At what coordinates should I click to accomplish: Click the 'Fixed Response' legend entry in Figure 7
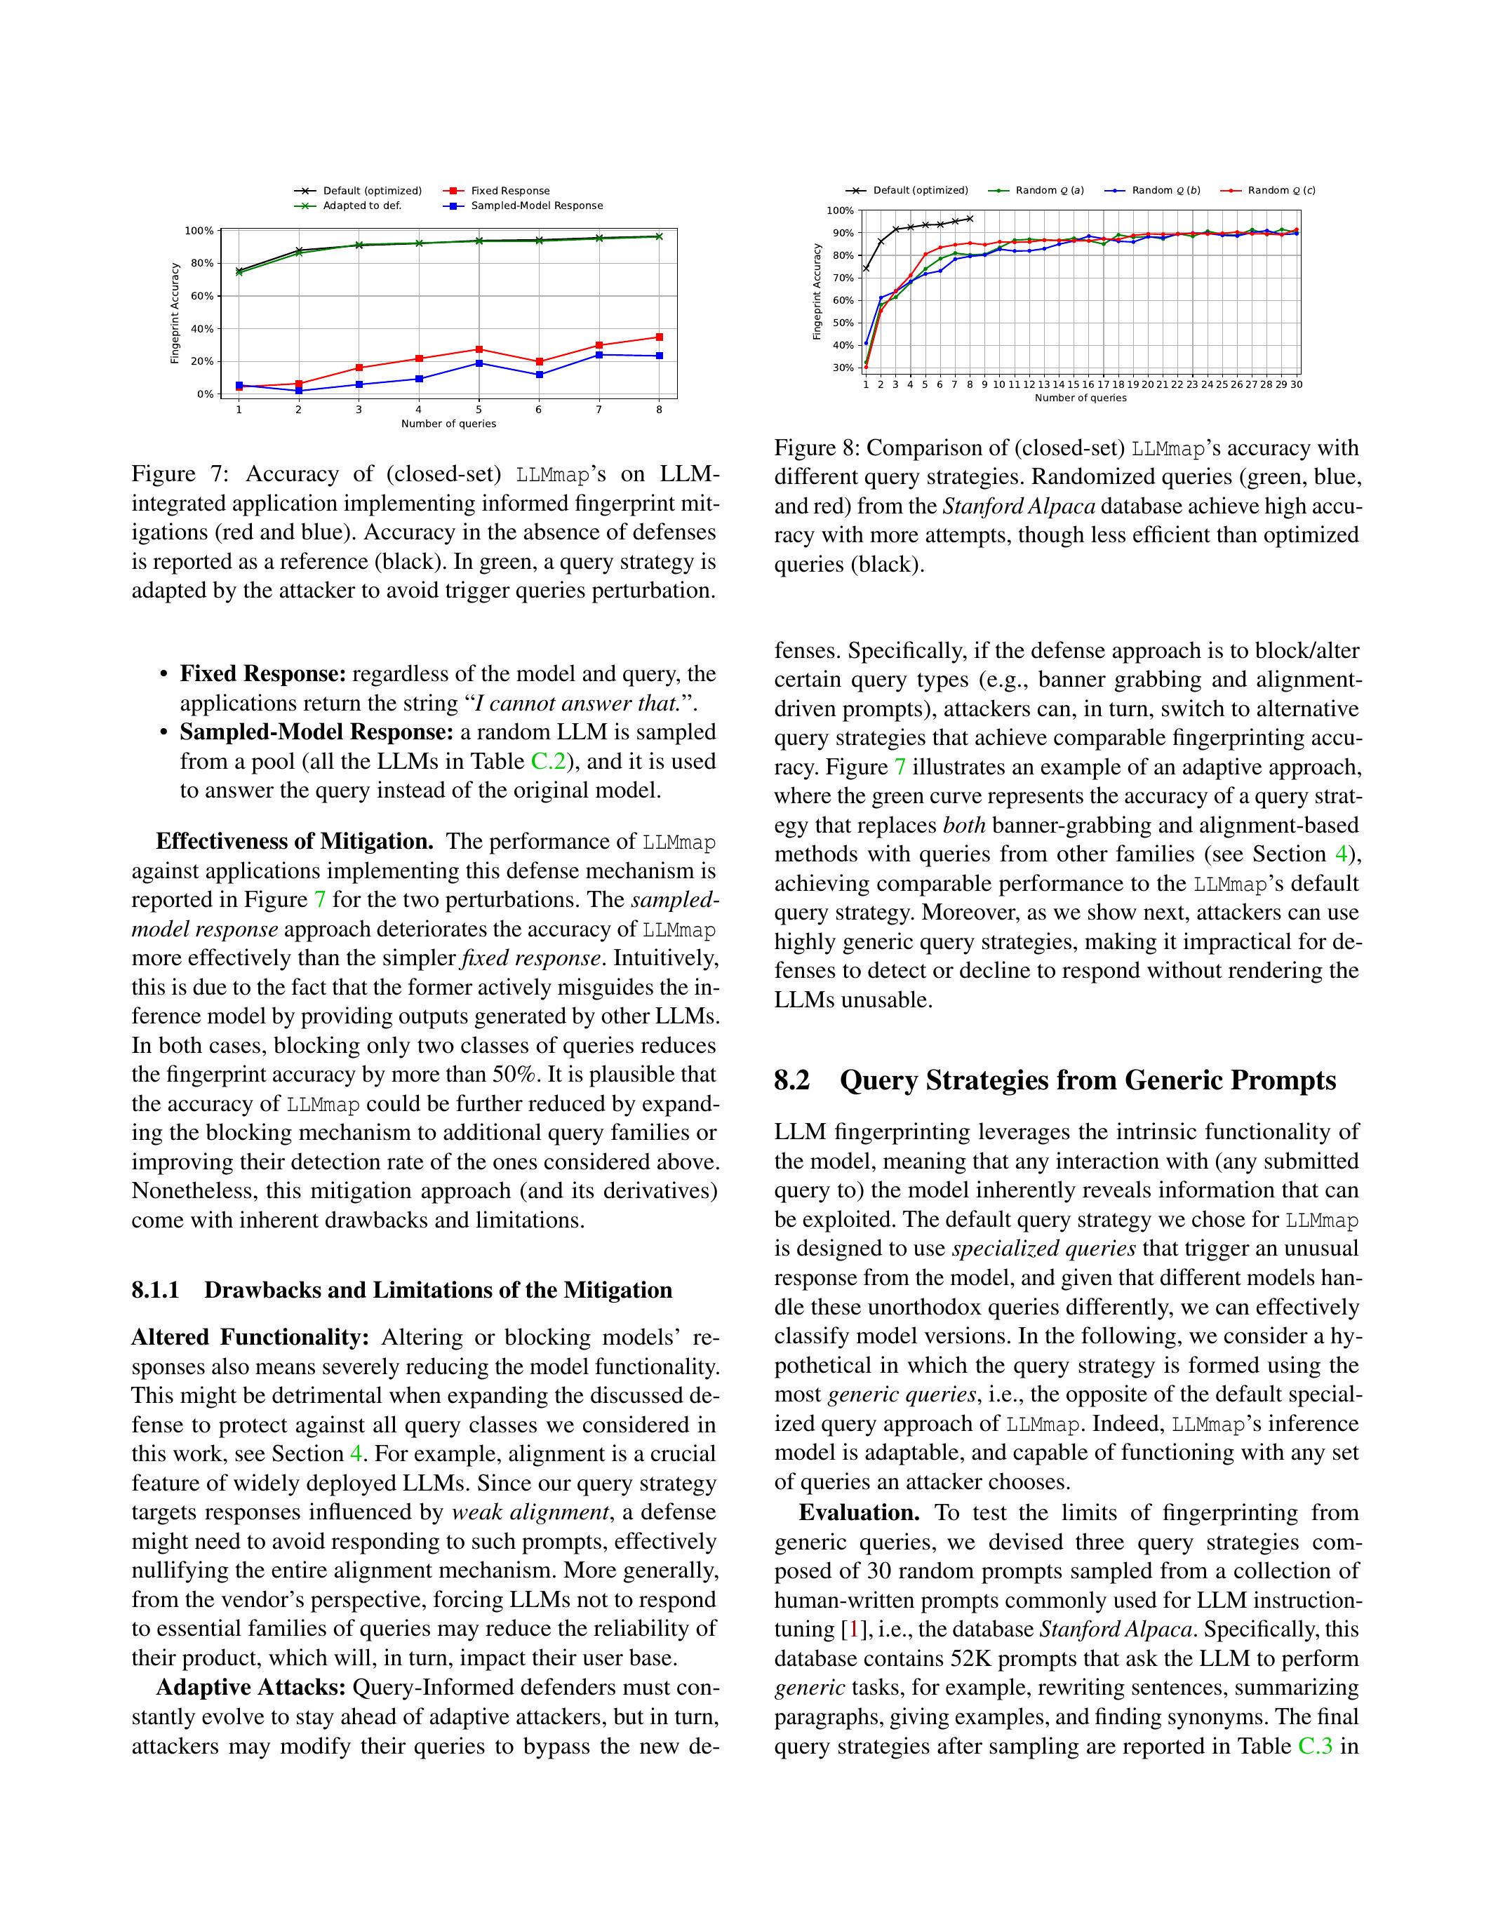(509, 191)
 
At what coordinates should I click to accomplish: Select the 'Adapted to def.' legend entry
(361, 206)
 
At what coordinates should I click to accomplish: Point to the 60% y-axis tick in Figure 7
(202, 296)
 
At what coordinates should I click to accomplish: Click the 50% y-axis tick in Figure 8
(843, 323)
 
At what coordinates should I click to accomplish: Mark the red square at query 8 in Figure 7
(659, 337)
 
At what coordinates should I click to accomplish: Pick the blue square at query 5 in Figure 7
(479, 363)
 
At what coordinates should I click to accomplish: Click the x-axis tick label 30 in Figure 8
(1296, 385)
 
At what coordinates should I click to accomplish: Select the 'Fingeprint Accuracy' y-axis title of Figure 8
(817, 292)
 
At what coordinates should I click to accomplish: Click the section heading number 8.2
(791, 1081)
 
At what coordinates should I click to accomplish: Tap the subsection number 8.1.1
(156, 1291)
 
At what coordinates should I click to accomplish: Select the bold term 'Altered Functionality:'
(250, 1338)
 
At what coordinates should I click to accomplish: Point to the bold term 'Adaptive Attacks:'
(250, 1688)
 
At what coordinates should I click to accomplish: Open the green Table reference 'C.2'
(548, 761)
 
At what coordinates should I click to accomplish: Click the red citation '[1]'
(853, 1629)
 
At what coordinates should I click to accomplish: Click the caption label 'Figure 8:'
(816, 449)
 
